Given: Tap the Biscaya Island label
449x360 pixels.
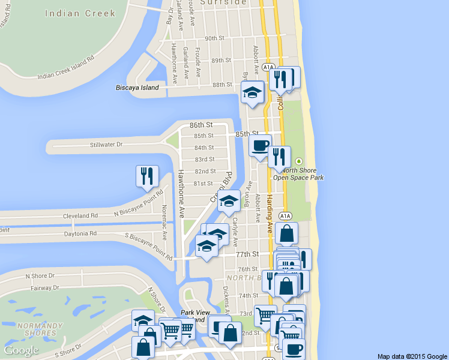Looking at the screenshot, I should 137,88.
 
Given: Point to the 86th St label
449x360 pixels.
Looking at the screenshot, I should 201,125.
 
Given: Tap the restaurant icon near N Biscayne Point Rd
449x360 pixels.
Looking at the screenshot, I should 147,176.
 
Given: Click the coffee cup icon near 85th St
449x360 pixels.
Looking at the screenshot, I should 260,145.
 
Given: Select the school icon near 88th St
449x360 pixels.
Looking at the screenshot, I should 252,92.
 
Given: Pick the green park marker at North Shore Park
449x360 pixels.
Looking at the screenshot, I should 298,161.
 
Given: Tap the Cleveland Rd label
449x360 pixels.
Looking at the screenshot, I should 85,215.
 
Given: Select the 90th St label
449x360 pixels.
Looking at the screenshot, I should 214,38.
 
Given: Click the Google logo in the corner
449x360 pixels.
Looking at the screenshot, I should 21,350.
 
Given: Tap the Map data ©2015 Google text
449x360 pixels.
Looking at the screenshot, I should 412,356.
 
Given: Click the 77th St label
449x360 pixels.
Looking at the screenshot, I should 247,254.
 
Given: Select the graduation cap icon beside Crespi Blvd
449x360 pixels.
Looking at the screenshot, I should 229,200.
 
